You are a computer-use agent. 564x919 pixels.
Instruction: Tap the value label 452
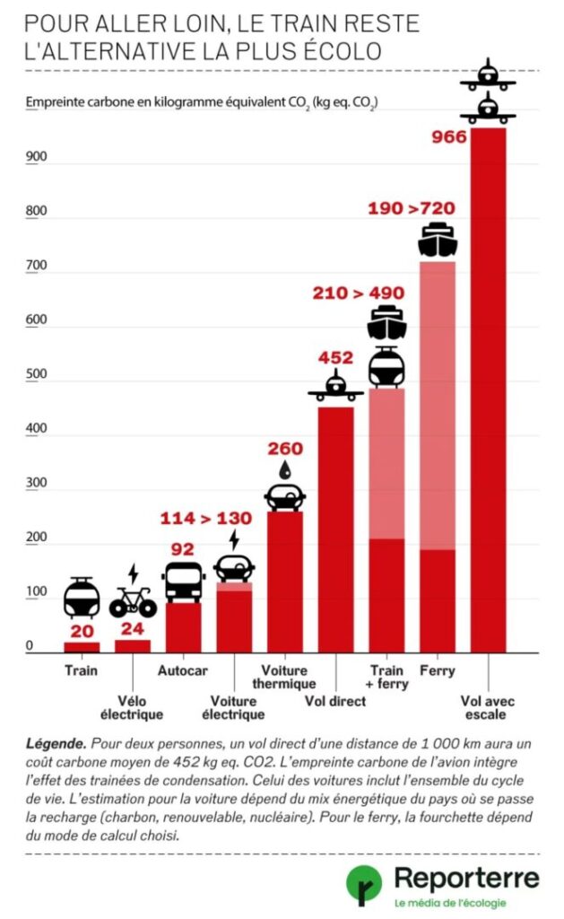[335, 358]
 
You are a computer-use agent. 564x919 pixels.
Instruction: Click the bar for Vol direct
[336, 530]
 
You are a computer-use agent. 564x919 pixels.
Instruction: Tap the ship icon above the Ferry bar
[438, 240]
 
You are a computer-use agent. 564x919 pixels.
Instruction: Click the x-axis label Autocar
[183, 670]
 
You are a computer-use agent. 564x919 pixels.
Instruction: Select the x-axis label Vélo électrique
[133, 708]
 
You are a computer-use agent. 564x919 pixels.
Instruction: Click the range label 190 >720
[411, 209]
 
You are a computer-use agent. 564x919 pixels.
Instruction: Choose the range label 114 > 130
[205, 518]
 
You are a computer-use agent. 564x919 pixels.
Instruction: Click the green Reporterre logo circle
[364, 884]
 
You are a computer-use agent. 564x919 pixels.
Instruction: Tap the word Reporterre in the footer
[467, 876]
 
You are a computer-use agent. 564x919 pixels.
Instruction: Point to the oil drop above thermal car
[285, 469]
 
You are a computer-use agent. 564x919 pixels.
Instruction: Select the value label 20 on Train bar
[82, 631]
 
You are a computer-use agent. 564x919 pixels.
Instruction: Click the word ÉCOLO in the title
[343, 49]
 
